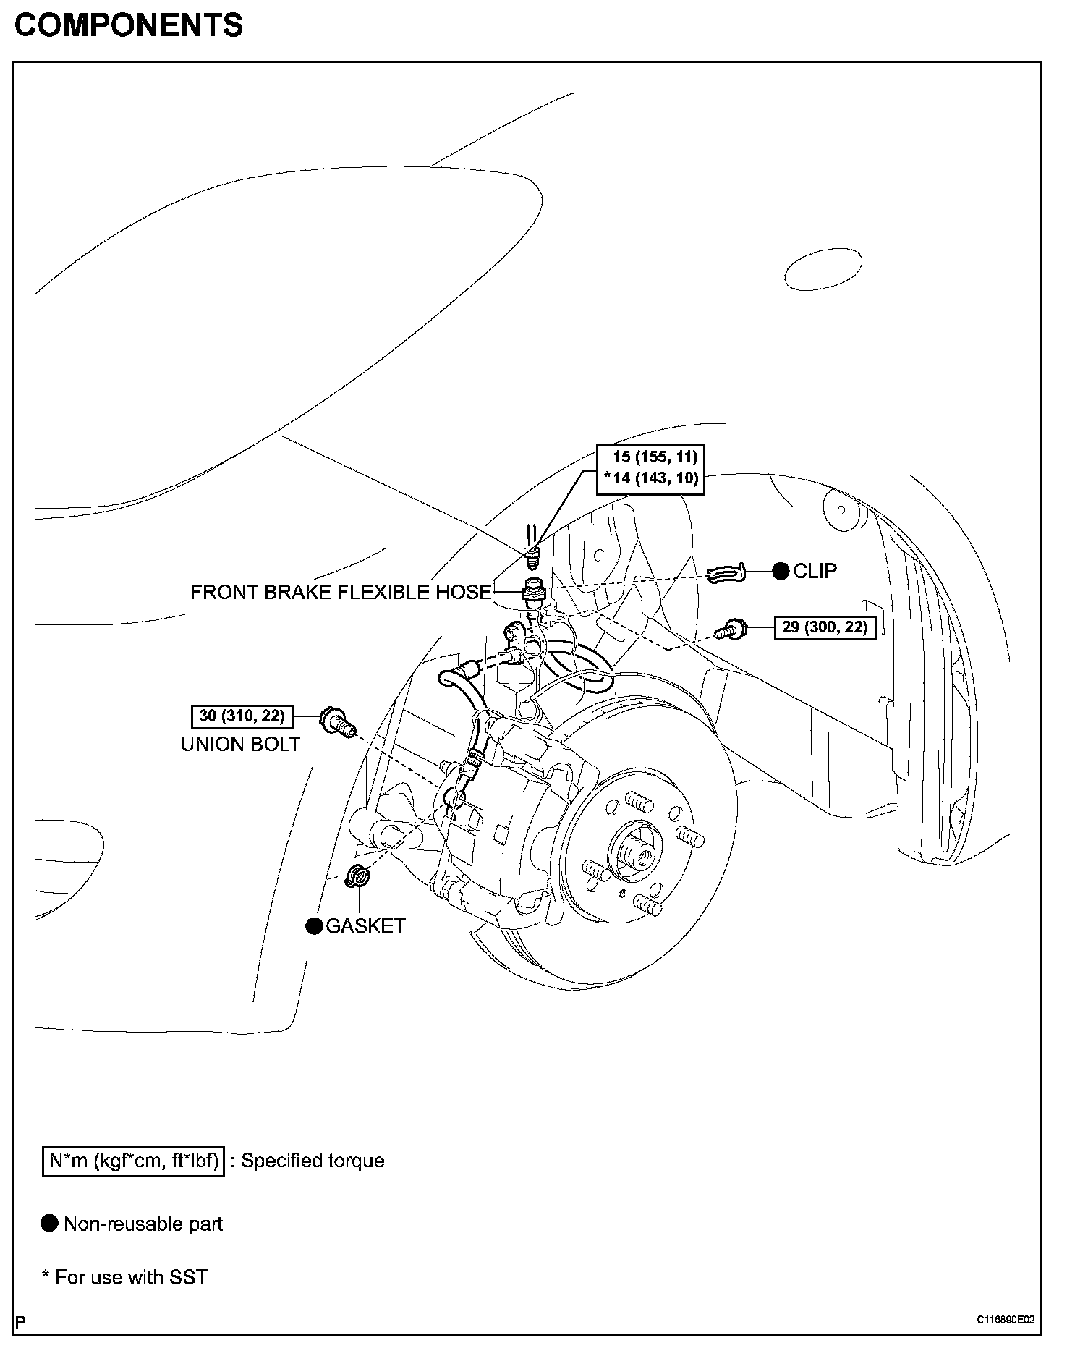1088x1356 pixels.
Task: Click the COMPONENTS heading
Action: tap(129, 26)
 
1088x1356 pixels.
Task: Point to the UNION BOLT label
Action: tap(240, 744)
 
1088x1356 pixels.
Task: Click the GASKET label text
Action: tap(365, 926)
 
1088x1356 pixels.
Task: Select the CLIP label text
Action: tap(815, 571)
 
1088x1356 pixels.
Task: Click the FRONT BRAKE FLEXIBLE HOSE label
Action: tap(341, 592)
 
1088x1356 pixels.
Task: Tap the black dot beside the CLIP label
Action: tap(781, 571)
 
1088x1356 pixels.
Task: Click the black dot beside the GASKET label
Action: tap(314, 926)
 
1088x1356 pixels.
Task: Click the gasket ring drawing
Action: tap(357, 876)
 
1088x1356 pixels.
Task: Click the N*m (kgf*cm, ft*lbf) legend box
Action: tap(134, 1161)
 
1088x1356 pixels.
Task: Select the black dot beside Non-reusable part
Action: tap(50, 1224)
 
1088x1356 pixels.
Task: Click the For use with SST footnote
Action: tap(125, 1277)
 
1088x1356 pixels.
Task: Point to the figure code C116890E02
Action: tap(1006, 1319)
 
